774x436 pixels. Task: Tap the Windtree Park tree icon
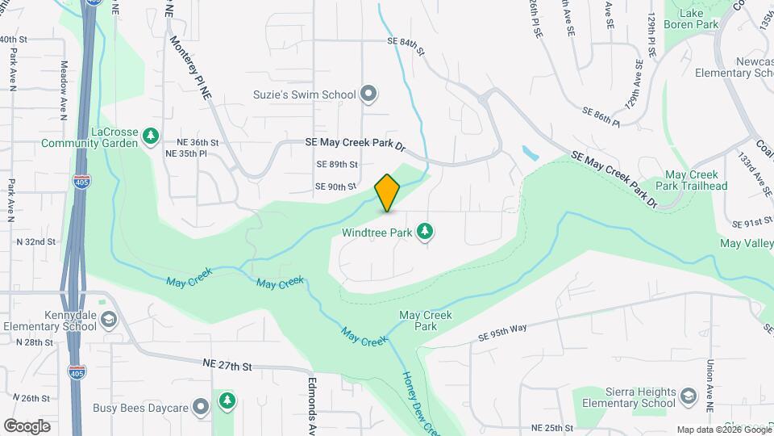point(425,233)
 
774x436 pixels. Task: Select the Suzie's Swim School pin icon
point(368,94)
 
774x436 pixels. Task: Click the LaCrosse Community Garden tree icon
point(150,137)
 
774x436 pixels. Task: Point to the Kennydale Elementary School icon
point(107,321)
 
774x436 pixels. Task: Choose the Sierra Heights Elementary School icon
point(688,396)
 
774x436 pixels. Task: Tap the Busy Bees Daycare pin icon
point(201,408)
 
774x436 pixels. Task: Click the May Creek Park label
point(426,321)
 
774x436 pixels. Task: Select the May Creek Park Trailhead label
point(696,180)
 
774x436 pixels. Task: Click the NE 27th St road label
point(227,366)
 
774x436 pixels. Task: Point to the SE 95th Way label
point(501,332)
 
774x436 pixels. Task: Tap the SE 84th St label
point(405,42)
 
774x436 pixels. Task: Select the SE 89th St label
point(337,164)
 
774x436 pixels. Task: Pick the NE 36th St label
point(191,142)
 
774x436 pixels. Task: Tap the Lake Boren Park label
point(691,19)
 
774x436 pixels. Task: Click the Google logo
point(27,426)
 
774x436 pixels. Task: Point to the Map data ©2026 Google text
point(722,430)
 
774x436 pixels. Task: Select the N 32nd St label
point(35,241)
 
